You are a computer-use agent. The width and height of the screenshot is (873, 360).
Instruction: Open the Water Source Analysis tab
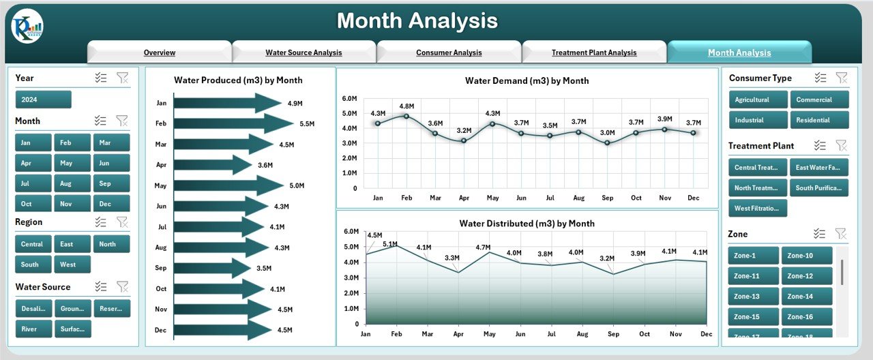[304, 52]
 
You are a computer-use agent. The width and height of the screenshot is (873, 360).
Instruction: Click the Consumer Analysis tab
[449, 52]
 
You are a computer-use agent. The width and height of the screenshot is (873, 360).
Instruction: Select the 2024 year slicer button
[43, 100]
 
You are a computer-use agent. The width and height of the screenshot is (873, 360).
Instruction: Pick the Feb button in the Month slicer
[72, 142]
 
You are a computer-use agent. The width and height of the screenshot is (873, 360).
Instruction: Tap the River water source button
[33, 329]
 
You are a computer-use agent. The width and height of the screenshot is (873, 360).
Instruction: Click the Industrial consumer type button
[758, 120]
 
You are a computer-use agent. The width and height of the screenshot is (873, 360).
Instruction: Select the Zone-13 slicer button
[752, 297]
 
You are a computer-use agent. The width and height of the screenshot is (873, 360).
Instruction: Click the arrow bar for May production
[228, 185]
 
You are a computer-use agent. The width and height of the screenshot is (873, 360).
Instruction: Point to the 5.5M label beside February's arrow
[307, 124]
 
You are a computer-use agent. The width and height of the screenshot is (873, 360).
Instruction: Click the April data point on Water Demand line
[464, 140]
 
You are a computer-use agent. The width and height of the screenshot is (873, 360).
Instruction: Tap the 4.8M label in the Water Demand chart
[406, 106]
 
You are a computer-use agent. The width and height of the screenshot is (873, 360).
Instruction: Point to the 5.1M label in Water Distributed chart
[389, 243]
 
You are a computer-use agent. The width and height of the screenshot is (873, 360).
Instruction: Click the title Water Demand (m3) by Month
[527, 80]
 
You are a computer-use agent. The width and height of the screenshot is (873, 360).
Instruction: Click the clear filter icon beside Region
[122, 222]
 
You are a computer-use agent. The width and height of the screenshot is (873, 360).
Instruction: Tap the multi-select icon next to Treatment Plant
[820, 146]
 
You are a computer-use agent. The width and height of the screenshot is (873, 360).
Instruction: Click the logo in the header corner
[27, 27]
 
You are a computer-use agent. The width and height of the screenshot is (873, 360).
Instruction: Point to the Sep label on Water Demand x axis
[607, 198]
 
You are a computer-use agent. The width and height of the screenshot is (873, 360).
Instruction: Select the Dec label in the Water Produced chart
[161, 330]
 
